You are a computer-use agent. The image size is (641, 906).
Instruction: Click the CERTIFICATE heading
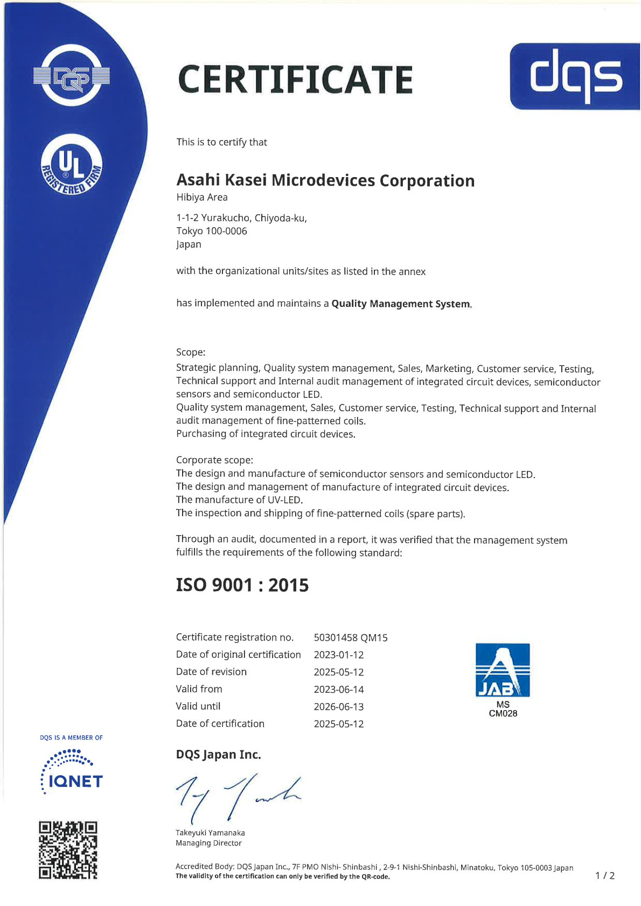[295, 79]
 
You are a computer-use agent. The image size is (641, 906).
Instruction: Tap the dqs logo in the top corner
[575, 76]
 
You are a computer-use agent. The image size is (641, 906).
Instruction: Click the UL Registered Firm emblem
[72, 165]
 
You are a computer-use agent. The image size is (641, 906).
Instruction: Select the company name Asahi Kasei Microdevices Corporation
[325, 180]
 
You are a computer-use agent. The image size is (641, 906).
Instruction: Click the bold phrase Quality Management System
[400, 304]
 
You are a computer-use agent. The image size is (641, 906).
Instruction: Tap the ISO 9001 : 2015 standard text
[242, 585]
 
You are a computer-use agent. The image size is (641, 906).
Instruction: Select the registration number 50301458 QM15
[350, 637]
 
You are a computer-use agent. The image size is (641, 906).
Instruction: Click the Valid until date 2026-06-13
[338, 706]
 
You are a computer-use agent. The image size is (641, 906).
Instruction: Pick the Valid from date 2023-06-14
[338, 689]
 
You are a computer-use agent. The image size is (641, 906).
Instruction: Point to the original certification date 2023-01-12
[338, 655]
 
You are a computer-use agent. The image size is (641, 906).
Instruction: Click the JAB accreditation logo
[503, 670]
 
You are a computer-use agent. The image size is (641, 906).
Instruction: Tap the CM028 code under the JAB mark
[503, 714]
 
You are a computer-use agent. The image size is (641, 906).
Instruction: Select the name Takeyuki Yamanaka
[210, 833]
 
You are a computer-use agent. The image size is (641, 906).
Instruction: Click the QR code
[68, 849]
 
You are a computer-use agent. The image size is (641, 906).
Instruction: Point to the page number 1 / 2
[604, 876]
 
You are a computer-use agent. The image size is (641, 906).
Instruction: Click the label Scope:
[191, 352]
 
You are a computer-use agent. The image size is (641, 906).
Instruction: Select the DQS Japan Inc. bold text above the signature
[218, 755]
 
